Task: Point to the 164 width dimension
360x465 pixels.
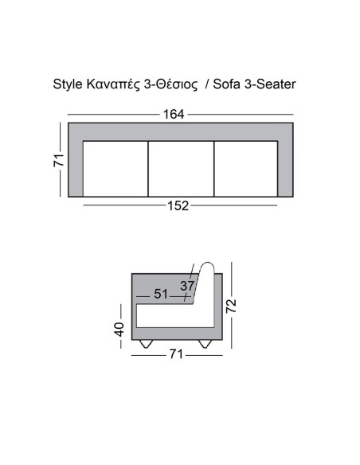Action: [x=174, y=115]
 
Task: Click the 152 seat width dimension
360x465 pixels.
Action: [x=178, y=206]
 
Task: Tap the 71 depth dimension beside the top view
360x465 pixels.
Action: [x=58, y=159]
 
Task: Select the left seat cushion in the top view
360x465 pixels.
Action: [x=115, y=168]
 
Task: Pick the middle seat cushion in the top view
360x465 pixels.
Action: [x=181, y=168]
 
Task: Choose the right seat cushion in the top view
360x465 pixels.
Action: [x=245, y=168]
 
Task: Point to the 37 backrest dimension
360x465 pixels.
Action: [x=187, y=286]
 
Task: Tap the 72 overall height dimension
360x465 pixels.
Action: [x=232, y=306]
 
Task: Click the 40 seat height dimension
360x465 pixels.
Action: [x=119, y=328]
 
